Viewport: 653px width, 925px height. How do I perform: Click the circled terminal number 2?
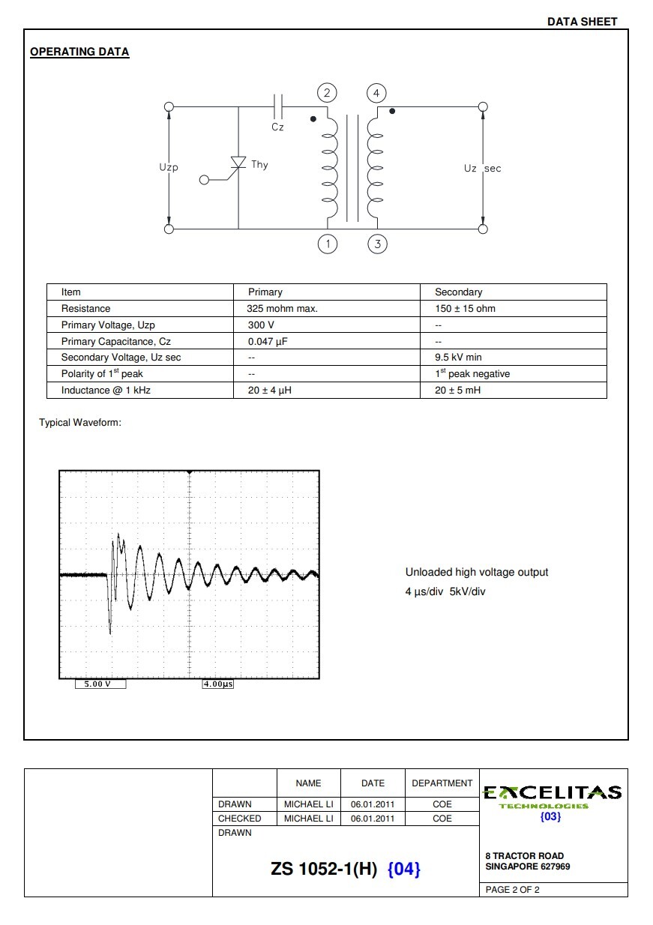327,93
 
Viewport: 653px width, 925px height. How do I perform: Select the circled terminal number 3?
377,244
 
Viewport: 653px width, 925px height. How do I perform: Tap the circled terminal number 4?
376,93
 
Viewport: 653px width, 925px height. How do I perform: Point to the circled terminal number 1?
327,244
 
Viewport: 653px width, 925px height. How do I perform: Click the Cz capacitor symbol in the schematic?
277,106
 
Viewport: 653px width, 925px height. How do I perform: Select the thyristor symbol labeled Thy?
238,164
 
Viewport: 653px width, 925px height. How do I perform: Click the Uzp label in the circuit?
169,167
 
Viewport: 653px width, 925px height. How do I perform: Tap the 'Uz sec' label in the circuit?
482,169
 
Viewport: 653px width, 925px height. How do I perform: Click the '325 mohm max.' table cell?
283,309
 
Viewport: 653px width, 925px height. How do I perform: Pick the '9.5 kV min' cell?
458,358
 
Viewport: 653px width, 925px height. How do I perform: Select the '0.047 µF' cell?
268,341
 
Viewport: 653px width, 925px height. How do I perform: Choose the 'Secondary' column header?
458,292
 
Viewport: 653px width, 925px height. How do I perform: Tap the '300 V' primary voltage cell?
261,325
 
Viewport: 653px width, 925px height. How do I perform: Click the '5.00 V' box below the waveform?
100,684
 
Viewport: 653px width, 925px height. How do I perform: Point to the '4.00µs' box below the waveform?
217,684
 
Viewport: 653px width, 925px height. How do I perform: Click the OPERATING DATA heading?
79,52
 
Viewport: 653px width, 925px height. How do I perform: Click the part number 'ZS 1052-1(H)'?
324,869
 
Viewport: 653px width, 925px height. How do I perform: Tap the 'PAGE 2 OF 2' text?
513,890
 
